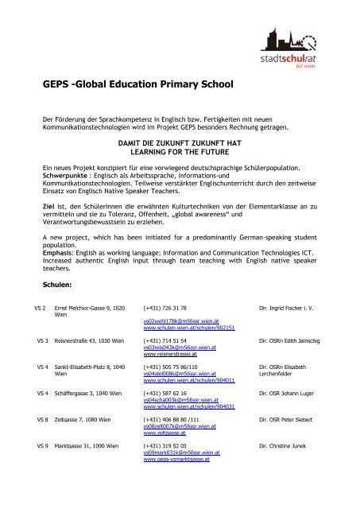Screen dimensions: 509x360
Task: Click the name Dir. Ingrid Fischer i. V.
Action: tap(312, 306)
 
